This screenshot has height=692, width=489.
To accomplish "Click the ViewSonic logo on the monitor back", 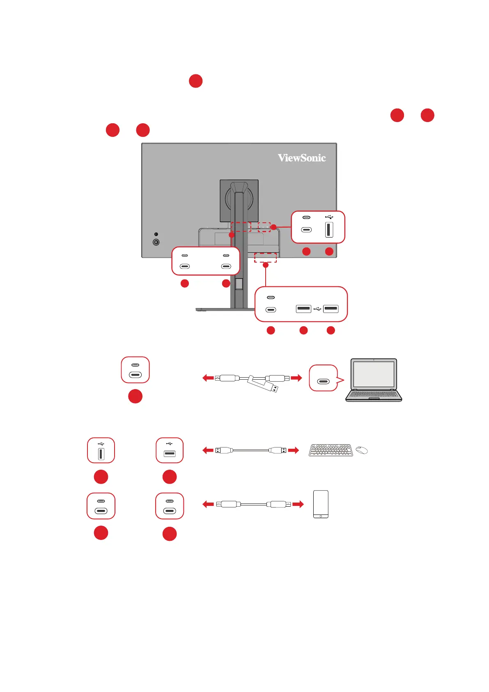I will click(x=302, y=158).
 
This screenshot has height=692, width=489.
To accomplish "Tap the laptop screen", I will click(x=374, y=374).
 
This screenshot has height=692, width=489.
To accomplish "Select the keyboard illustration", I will click(x=331, y=450).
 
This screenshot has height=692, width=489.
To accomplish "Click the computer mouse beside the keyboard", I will click(x=362, y=450).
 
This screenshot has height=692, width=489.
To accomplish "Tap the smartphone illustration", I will click(x=321, y=504).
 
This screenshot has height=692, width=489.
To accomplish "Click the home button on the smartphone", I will click(x=321, y=516).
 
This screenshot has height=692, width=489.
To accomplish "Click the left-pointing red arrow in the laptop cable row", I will click(x=208, y=378).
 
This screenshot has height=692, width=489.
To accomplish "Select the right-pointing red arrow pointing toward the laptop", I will click(x=296, y=378).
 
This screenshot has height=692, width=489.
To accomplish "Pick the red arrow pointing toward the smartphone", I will click(x=298, y=504).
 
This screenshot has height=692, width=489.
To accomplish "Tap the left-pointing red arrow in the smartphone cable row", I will click(x=208, y=504).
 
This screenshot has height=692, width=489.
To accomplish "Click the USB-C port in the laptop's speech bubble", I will click(x=324, y=382).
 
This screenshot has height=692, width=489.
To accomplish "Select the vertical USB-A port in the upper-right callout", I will click(x=329, y=230).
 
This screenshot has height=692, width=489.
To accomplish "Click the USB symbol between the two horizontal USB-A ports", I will click(x=317, y=308).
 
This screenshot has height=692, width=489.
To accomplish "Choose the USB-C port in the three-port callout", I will click(x=271, y=310).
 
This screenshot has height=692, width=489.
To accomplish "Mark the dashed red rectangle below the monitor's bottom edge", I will click(x=265, y=258).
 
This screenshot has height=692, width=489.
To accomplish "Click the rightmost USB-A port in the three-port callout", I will click(x=331, y=308).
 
